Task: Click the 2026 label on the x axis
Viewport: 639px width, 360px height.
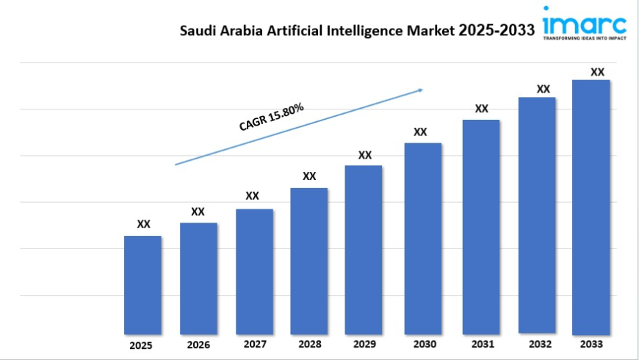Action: [198, 345]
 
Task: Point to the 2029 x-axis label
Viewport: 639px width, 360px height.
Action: [364, 344]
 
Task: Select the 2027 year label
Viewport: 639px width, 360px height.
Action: [254, 344]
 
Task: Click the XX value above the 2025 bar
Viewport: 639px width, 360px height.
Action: [144, 224]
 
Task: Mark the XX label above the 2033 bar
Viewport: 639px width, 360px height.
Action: [598, 72]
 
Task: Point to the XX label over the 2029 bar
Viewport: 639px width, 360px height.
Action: [365, 155]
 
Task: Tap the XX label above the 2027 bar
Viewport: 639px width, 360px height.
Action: [252, 195]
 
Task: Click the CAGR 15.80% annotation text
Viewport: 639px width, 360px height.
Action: [271, 118]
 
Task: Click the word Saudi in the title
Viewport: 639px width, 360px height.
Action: [196, 31]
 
